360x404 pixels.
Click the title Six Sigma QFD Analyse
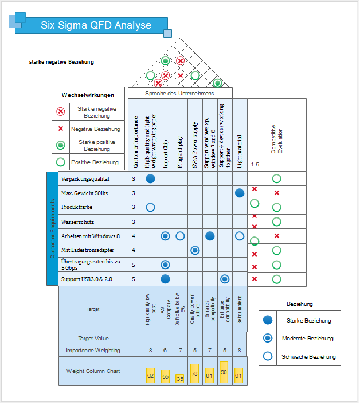click(96, 25)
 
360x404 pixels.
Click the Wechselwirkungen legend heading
click(88, 95)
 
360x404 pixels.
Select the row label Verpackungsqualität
click(85, 178)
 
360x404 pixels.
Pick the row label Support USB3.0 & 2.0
click(88, 279)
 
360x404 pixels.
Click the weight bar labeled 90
click(224, 372)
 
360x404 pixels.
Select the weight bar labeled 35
click(180, 379)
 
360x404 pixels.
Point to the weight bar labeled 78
click(194, 373)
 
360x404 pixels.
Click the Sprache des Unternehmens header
click(179, 93)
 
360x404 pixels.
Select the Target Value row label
click(93, 338)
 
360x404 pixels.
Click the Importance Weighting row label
click(93, 350)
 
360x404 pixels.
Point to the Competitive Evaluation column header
click(277, 139)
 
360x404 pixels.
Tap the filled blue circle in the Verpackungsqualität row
click(150, 178)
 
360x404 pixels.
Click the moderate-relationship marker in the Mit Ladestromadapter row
click(195, 250)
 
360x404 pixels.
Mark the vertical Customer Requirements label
click(53, 228)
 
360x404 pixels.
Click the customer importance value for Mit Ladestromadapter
click(134, 250)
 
